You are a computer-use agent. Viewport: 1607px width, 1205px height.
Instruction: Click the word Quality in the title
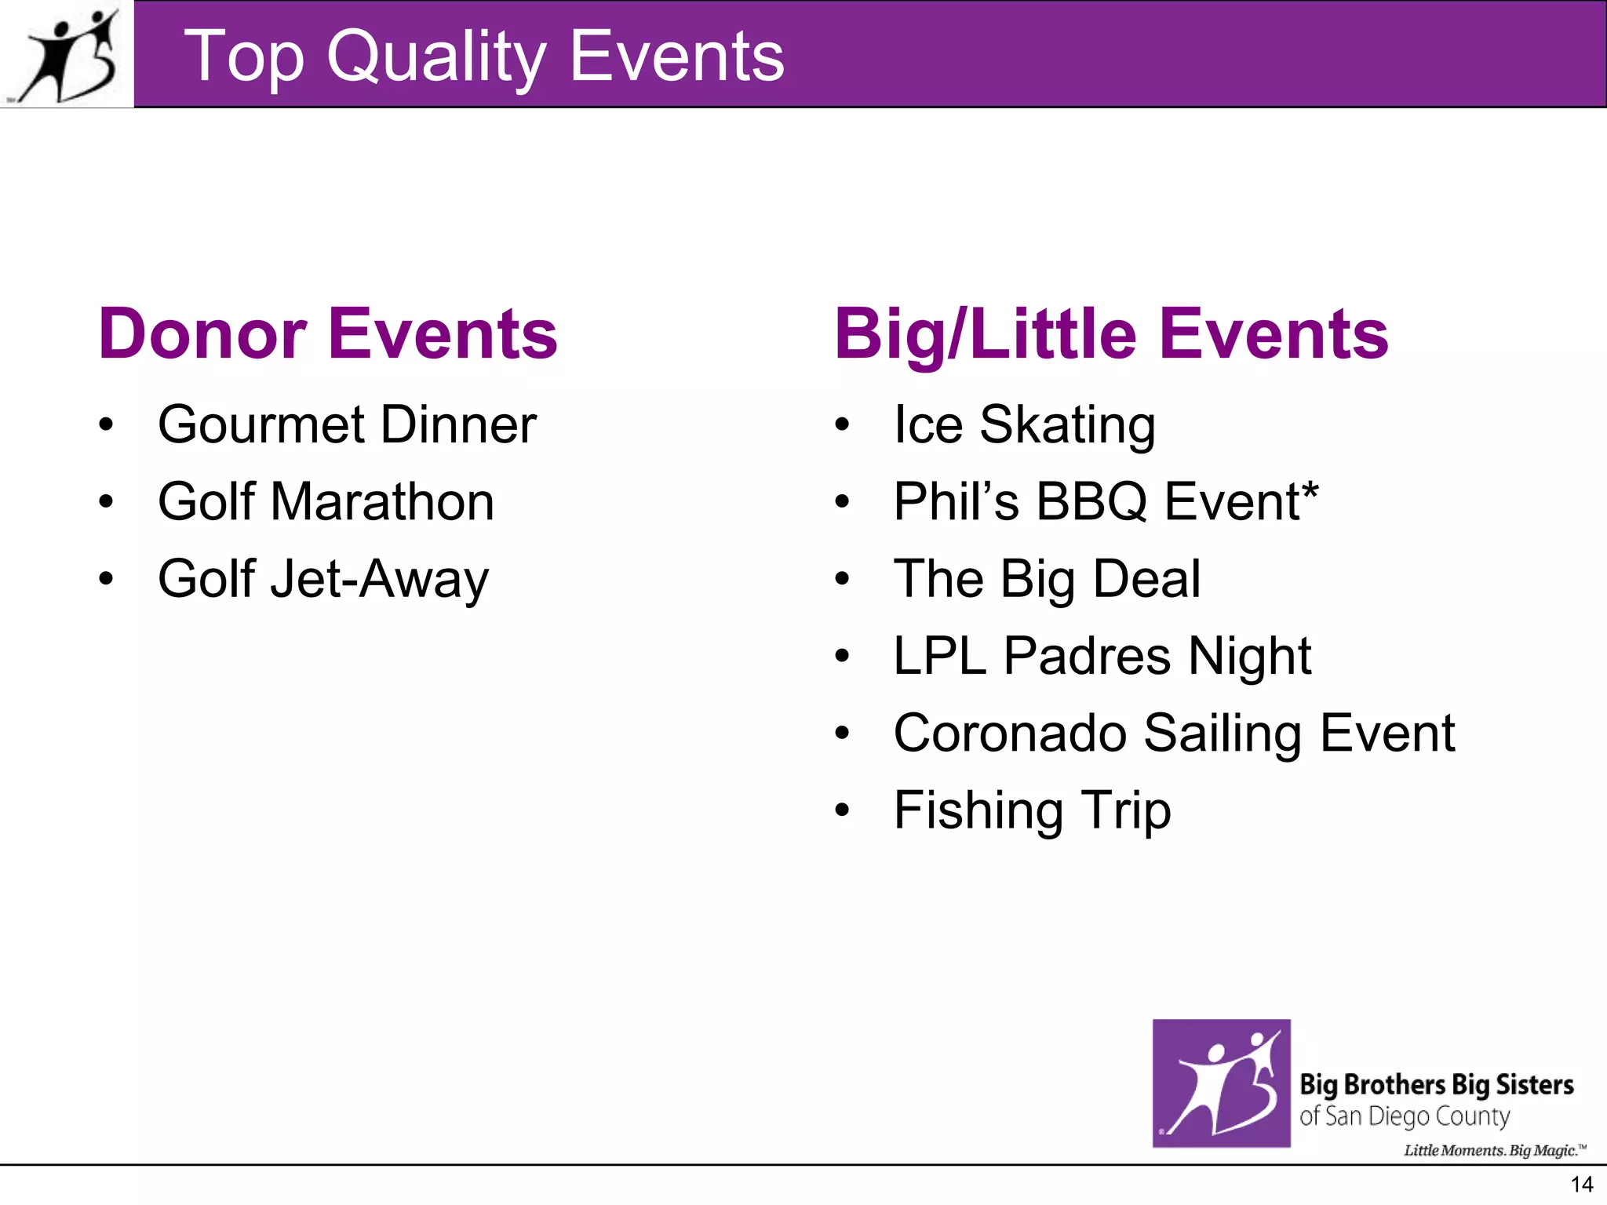click(435, 56)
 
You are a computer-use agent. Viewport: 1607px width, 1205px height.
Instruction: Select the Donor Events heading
click(327, 334)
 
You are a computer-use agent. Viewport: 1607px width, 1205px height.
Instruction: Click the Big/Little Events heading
click(1110, 334)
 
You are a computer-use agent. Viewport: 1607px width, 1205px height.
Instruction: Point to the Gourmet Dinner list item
click(347, 424)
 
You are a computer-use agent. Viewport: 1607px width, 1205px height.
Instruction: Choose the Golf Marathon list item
click(326, 501)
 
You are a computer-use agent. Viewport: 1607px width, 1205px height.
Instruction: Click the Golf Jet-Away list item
click(322, 579)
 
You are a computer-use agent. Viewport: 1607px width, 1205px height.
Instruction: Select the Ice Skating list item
click(1024, 424)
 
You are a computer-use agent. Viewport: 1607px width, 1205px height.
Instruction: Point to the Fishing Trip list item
click(1032, 810)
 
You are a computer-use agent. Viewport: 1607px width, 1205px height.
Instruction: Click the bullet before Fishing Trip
click(842, 810)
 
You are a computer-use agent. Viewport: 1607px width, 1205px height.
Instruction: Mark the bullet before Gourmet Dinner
click(106, 425)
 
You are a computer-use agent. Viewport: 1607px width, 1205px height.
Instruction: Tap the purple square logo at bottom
click(1221, 1083)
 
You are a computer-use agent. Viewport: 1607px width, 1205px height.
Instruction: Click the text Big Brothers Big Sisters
click(1436, 1084)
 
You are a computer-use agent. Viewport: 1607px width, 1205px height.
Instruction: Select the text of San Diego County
click(1404, 1116)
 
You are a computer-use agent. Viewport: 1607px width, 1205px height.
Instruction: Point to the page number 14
click(1582, 1185)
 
